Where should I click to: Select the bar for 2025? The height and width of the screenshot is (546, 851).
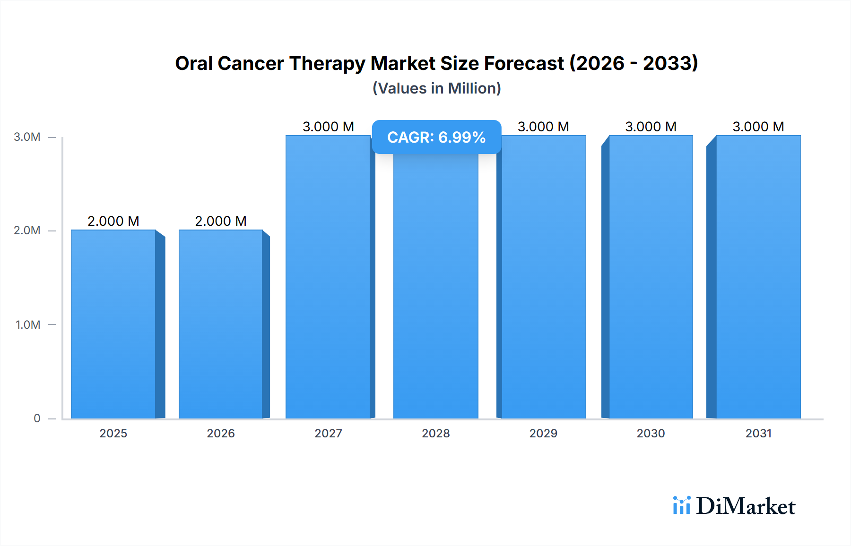click(x=113, y=324)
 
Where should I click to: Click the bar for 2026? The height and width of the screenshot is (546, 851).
click(x=221, y=324)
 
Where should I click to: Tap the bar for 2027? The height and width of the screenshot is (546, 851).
click(x=328, y=277)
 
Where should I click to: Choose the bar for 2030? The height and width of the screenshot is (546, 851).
click(x=651, y=277)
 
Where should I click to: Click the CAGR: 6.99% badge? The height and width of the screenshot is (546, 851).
click(x=436, y=137)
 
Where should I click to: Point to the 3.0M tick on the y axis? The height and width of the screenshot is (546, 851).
click(x=27, y=137)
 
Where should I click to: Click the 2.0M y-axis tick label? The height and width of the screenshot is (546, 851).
click(x=27, y=230)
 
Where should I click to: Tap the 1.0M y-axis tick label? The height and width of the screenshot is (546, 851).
click(x=28, y=324)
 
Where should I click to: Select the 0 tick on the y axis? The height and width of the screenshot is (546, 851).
click(x=37, y=418)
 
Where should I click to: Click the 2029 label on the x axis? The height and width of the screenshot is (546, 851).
click(x=543, y=433)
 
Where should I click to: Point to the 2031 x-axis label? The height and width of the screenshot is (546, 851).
click(x=758, y=433)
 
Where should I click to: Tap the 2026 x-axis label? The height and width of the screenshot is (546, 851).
click(x=221, y=433)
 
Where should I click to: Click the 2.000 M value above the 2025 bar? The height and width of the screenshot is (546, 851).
click(x=113, y=221)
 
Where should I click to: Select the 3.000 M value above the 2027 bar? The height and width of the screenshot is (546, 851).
click(x=328, y=127)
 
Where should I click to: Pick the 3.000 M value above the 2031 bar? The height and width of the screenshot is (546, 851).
click(x=758, y=127)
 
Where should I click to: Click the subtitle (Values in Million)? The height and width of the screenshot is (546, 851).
click(x=436, y=88)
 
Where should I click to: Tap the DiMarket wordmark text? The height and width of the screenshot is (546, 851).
click(x=746, y=506)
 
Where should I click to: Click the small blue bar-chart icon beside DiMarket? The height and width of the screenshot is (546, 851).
click(x=682, y=505)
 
